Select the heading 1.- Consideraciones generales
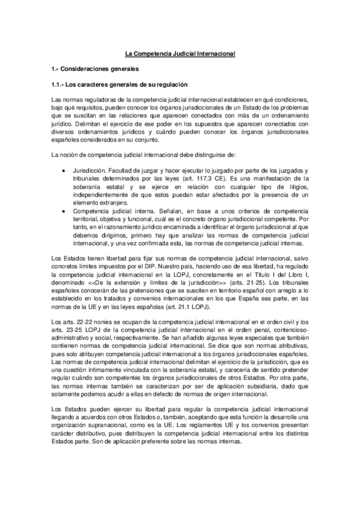click(94, 69)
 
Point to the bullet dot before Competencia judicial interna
click(65, 210)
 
